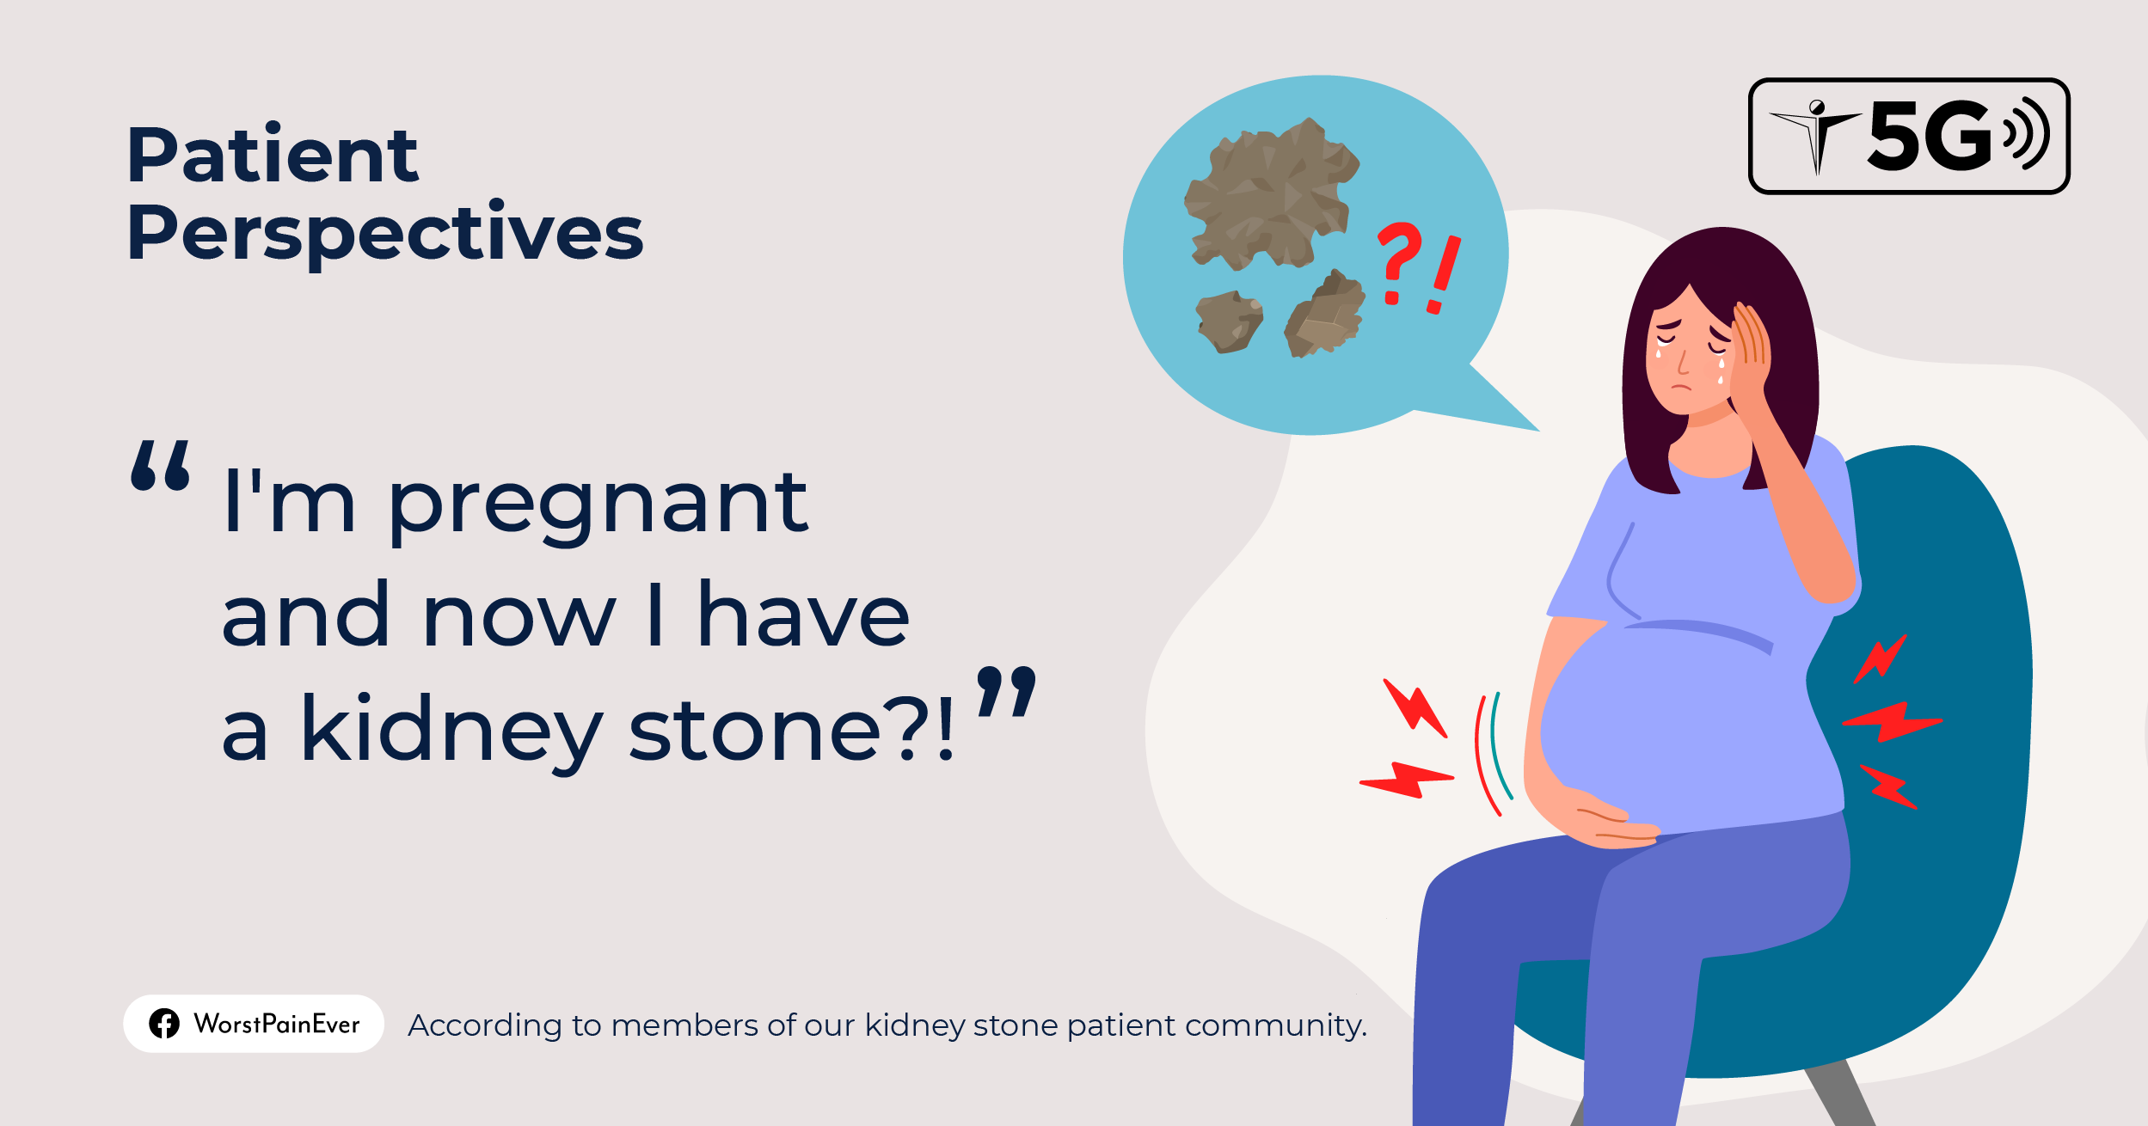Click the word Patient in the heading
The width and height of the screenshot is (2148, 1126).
[272, 156]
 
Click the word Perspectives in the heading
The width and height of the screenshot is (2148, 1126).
[384, 233]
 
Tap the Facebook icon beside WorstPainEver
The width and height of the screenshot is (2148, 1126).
[164, 1024]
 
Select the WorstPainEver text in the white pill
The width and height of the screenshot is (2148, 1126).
[277, 1024]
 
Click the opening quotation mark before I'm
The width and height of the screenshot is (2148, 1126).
[161, 466]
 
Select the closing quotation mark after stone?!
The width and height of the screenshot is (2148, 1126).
[1007, 691]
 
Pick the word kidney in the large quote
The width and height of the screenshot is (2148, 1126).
[451, 731]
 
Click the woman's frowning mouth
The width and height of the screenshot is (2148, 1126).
[1681, 386]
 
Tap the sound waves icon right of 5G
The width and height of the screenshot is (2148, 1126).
[2027, 134]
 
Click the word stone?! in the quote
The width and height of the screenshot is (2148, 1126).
[791, 731]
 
